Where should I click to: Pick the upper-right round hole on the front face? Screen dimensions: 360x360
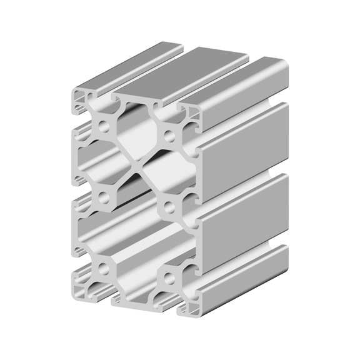169,134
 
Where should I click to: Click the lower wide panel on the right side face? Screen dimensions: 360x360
244,209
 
